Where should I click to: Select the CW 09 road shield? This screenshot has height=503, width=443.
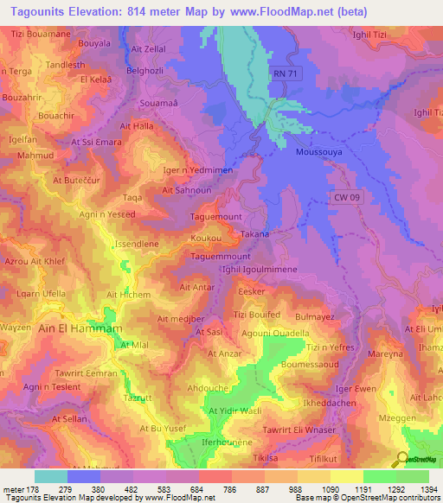click(x=347, y=198)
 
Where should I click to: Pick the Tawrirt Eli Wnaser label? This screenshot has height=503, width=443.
click(x=299, y=430)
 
